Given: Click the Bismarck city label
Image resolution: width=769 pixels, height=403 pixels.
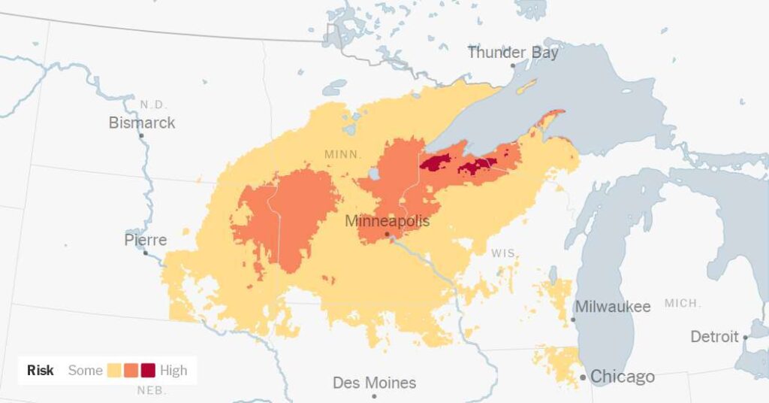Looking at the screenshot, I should pos(142,123).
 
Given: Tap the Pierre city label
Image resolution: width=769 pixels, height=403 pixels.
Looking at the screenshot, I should pos(145,241).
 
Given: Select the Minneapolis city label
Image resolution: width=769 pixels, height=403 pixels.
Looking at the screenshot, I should pos(387,221).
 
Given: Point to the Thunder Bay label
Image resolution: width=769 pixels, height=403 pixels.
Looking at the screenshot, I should pos(513,53).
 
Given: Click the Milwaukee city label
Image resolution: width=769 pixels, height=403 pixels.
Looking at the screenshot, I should pos(612,307).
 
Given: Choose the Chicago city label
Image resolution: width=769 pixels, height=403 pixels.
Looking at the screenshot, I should pos(623,377).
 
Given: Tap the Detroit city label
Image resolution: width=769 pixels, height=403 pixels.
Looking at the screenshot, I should pos(714,337).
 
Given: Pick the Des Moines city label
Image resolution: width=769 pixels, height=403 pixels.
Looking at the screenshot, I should pos(374,383).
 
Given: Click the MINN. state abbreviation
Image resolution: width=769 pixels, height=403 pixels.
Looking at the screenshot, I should pos(343,154).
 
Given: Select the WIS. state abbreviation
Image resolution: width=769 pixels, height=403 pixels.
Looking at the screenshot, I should pos(504,253).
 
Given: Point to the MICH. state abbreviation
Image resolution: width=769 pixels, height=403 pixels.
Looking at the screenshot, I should pos(682,303).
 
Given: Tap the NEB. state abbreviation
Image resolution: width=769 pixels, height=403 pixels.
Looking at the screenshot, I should pos(151,390).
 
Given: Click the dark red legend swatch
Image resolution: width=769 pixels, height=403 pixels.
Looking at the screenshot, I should pos(148,371).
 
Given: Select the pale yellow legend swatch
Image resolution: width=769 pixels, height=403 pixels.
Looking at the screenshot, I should pos(115,371).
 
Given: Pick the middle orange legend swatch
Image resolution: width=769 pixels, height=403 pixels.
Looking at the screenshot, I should pos(131,371).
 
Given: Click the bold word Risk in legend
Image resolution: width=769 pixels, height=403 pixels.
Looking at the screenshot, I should pos(41,371).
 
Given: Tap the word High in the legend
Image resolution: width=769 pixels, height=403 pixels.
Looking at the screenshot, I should pos(173,371).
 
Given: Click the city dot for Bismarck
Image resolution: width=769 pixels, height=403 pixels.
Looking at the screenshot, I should pos(141,135).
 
